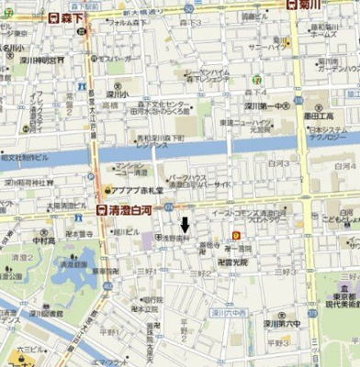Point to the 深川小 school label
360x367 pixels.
[118, 93]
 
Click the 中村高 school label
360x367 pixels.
[44, 241]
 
